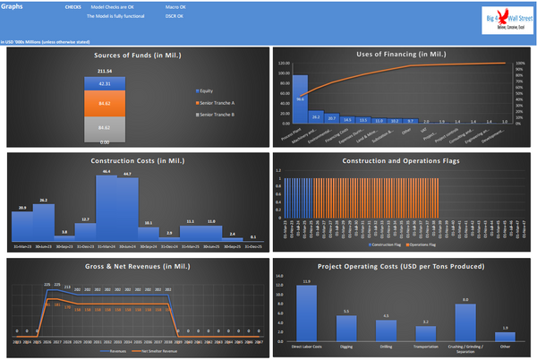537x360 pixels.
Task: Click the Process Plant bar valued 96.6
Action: point(302,99)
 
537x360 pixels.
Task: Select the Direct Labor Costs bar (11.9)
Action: point(308,307)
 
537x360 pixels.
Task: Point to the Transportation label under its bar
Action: point(426,344)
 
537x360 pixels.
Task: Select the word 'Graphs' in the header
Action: point(13,5)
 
